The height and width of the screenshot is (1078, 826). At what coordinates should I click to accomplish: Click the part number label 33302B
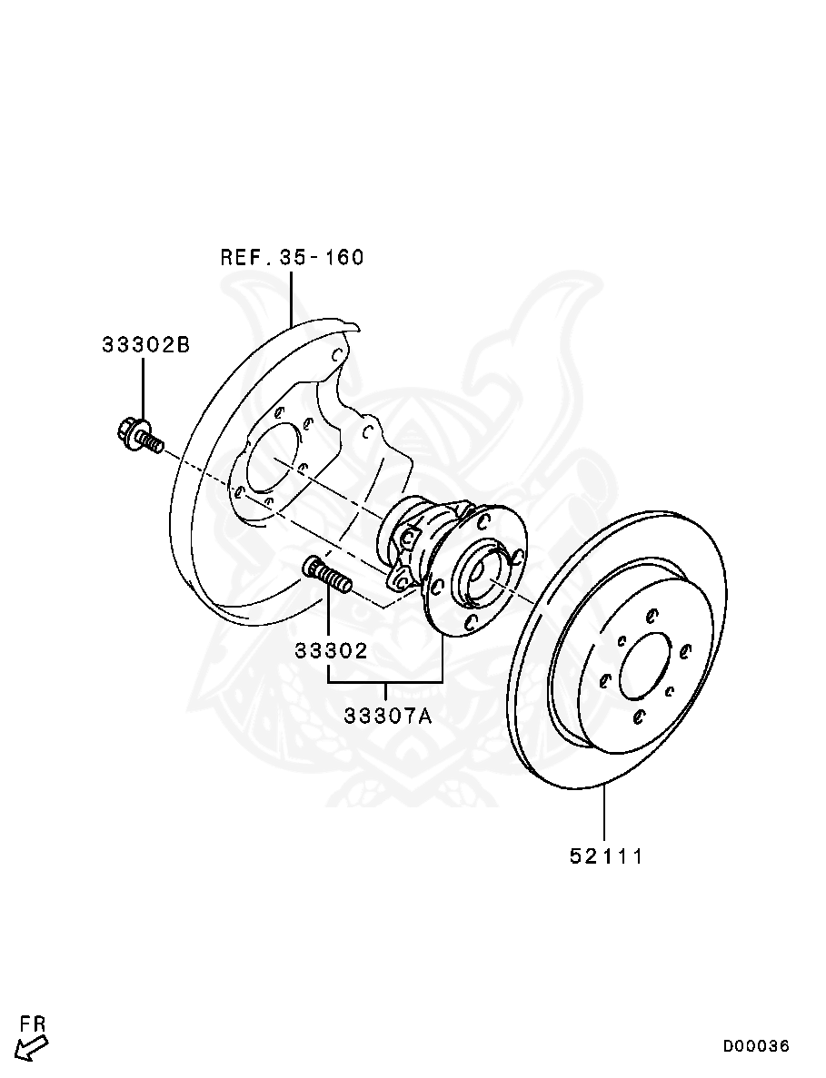coord(145,345)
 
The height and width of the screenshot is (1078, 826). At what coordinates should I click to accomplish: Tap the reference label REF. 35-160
coord(292,258)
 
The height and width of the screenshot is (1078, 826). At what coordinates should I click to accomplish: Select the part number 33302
coord(329,651)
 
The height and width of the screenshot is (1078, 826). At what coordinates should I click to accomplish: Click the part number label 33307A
coord(388,716)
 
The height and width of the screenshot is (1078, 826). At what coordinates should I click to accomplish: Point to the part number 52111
coord(606,856)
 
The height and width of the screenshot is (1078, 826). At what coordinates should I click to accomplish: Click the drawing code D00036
coord(756,1046)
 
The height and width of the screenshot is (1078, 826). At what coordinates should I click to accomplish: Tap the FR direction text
coord(33,1024)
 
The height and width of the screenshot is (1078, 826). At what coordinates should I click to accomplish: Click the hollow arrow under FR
coord(31,1048)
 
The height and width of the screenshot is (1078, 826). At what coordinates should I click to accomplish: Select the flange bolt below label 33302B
coord(139,436)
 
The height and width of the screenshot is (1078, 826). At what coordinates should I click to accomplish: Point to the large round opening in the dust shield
coord(273,463)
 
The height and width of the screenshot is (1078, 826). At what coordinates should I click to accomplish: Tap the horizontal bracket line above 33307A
coord(385,681)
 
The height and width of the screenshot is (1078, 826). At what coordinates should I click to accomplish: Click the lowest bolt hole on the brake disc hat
coord(640,717)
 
